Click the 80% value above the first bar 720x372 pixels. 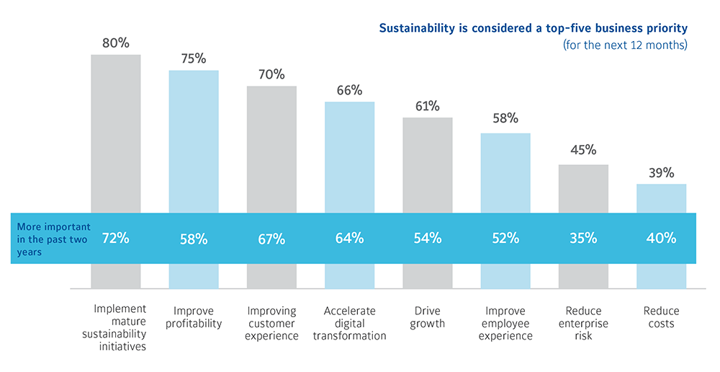coord(115,43)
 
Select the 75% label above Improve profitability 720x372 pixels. coord(193,59)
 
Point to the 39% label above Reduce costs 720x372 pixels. coord(661,173)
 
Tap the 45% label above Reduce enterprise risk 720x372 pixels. coord(583,150)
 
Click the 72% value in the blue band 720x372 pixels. coord(115,238)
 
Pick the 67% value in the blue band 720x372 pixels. coord(271,239)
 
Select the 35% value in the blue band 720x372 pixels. coord(583,239)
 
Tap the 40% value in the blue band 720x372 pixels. coord(661,239)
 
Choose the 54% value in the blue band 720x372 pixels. coord(428,239)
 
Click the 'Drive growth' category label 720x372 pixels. coord(428,317)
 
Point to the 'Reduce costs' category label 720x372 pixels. coord(661,317)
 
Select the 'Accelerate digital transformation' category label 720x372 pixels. coord(349,323)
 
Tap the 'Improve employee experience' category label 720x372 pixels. coord(505,323)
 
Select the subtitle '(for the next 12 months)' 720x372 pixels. coord(625,45)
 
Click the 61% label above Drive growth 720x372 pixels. coord(428,106)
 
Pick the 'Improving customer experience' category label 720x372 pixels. coord(271,323)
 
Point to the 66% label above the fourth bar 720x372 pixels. coord(349,90)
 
